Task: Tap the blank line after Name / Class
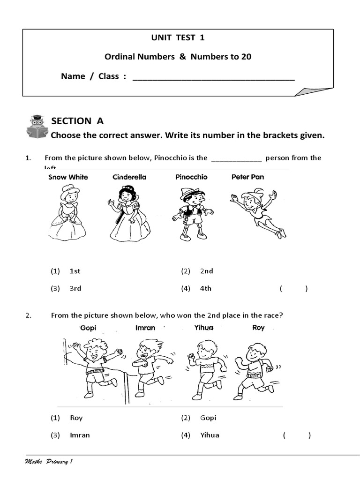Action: click(x=214, y=78)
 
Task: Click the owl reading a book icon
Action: click(x=36, y=126)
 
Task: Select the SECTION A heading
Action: click(x=77, y=121)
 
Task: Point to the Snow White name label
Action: click(x=68, y=177)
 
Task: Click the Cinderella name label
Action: click(x=129, y=177)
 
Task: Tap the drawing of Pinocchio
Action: click(x=192, y=213)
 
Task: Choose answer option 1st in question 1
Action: click(x=75, y=271)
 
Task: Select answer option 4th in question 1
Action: click(x=205, y=289)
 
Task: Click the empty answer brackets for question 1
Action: click(x=294, y=289)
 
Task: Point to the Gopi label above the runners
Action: click(x=88, y=328)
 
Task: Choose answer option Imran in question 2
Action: click(x=80, y=435)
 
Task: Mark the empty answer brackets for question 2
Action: click(x=297, y=435)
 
